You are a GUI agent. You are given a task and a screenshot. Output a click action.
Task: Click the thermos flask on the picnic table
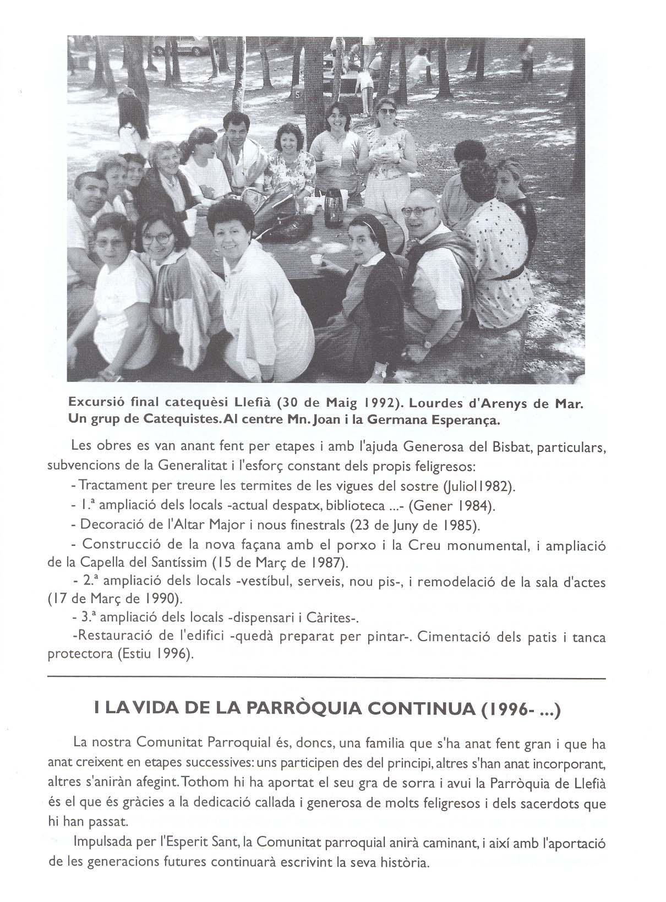pyautogui.click(x=332, y=208)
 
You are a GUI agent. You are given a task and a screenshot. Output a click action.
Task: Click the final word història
pyautogui.click(x=403, y=862)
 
